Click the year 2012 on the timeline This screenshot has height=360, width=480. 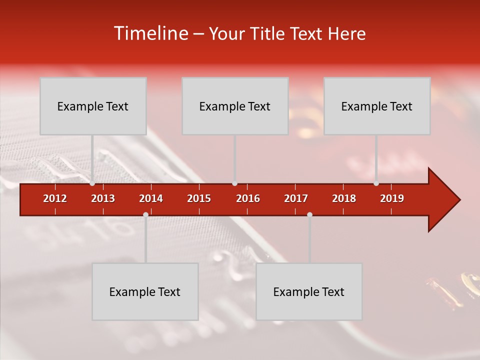pos(55,198)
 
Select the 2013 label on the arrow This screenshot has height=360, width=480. pos(103,198)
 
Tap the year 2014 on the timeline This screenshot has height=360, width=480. pos(151,198)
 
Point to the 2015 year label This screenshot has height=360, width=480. pos(199,198)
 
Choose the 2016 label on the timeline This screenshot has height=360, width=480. pos(248,198)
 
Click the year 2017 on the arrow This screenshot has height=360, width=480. pos(296,198)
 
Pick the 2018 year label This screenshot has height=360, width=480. pos(344,198)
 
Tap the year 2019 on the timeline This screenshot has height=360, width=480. pos(392,198)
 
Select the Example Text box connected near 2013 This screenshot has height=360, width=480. pos(93,106)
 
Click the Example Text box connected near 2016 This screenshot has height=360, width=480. pos(235,106)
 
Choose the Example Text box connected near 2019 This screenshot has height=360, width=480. pos(377,106)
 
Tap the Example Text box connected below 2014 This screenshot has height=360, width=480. pos(145,291)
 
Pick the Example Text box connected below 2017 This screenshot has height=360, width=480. pos(309,291)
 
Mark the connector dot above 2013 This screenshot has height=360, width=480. pos(92,183)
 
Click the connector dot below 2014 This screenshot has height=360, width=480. pos(145,214)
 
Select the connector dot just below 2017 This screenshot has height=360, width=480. pos(309,214)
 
